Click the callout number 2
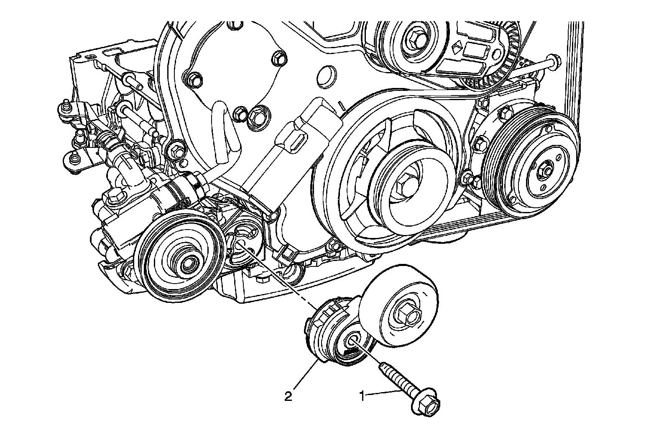pos(288,396)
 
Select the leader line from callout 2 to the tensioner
pos(304,377)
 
